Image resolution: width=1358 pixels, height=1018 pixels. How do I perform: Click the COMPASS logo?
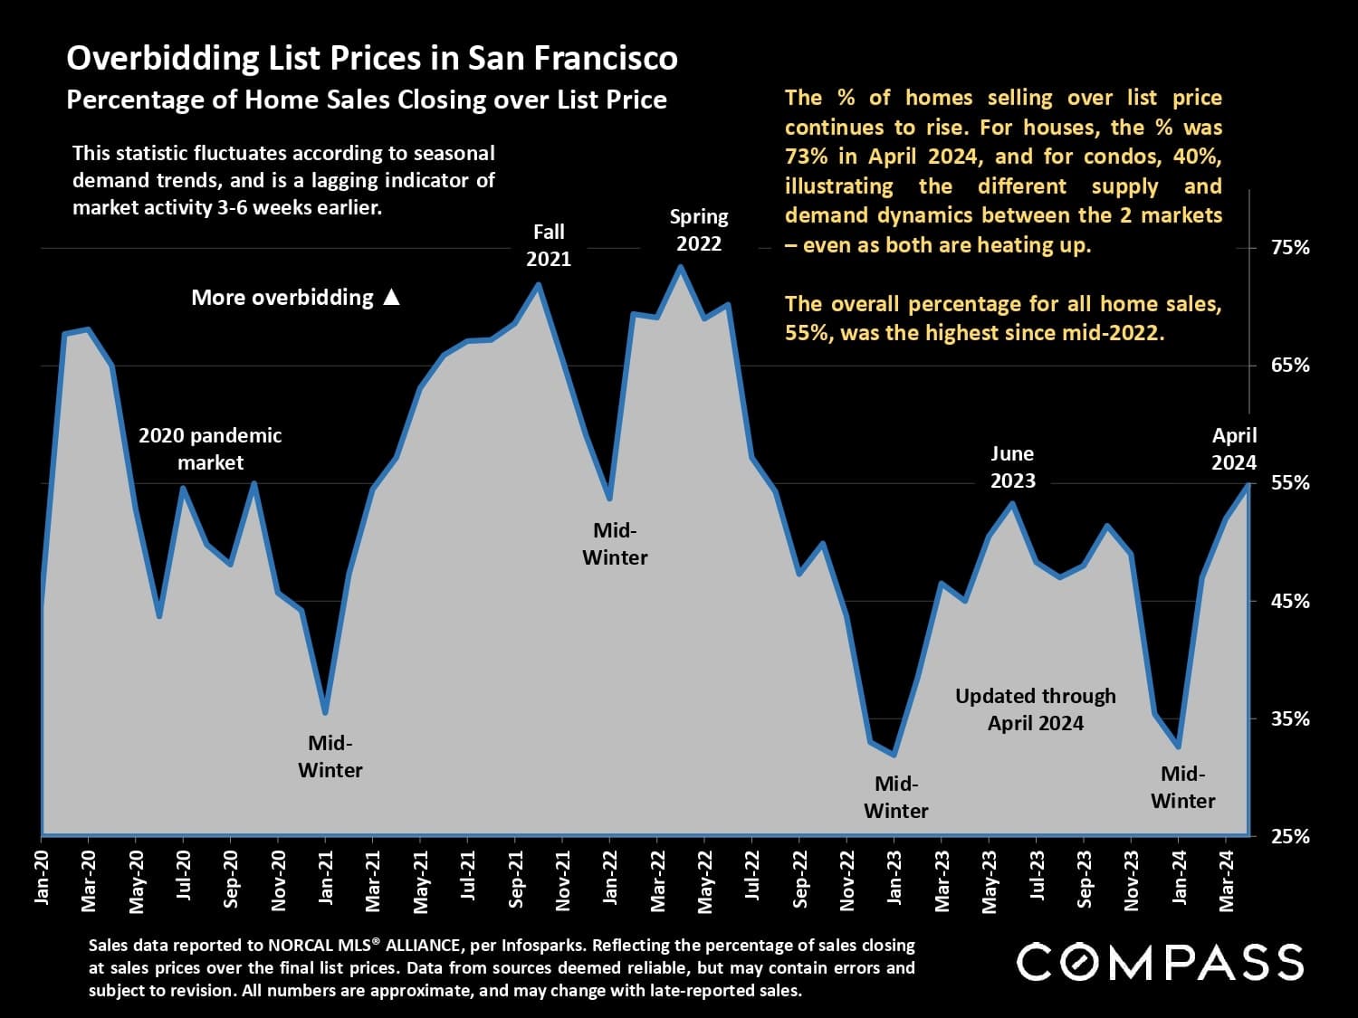1160,961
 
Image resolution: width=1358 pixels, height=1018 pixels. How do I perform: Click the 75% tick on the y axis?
1290,247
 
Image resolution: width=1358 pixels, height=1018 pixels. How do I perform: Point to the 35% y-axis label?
1290,718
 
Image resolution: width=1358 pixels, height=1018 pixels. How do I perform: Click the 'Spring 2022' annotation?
699,230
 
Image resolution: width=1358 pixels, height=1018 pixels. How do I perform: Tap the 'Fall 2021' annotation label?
549,245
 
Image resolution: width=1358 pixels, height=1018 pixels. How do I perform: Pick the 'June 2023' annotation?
1012,467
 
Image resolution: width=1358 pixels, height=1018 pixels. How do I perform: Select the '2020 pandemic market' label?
210,449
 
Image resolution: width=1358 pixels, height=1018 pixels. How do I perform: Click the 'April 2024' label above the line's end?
1234,449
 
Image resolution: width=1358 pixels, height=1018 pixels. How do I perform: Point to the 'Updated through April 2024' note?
1036,709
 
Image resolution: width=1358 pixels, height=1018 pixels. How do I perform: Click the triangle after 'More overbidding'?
391,297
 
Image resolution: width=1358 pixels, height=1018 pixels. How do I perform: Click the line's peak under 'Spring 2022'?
681,267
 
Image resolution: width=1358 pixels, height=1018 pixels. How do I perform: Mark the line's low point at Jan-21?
325,713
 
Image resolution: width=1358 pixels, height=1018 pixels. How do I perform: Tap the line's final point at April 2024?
1248,485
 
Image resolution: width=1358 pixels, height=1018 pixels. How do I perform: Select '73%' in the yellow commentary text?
806,157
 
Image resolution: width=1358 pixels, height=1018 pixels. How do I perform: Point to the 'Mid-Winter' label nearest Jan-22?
615,544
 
